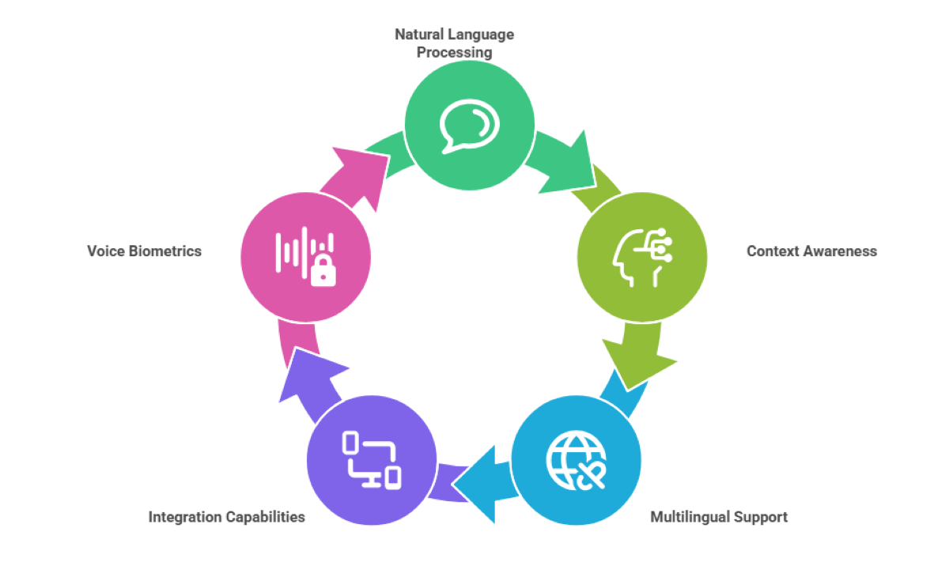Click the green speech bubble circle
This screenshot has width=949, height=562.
pyautogui.click(x=470, y=124)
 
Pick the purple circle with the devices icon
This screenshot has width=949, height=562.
pyautogui.click(x=372, y=461)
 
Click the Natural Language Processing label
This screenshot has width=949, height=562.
pyautogui.click(x=455, y=43)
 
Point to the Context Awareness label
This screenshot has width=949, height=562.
pyautogui.click(x=811, y=251)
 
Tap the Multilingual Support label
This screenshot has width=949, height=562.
pyautogui.click(x=719, y=518)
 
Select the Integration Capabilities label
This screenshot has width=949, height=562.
pyautogui.click(x=227, y=518)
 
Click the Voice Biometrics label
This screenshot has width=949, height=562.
pyautogui.click(x=145, y=251)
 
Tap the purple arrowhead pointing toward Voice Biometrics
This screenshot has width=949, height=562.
pyautogui.click(x=311, y=372)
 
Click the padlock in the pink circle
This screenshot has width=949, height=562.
pyautogui.click(x=323, y=271)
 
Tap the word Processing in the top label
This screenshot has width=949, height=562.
pyautogui.click(x=455, y=53)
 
